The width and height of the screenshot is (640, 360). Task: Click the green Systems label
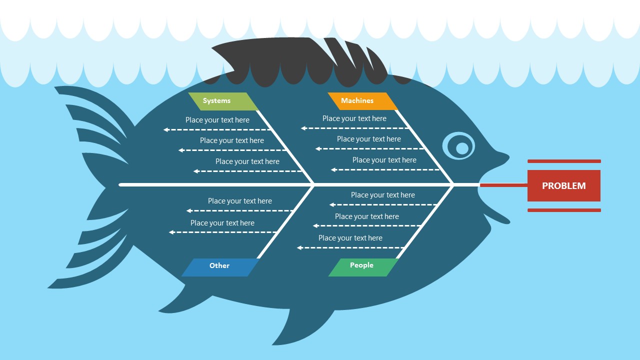coord(223,101)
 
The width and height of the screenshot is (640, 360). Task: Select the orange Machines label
coord(362,101)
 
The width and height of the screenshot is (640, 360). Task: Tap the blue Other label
coord(220,267)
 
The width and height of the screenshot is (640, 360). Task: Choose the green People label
coord(363,267)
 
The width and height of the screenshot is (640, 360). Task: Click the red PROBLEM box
coord(563,185)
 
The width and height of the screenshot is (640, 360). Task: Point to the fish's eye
coord(459,145)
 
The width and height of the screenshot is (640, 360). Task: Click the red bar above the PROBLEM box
coord(564,161)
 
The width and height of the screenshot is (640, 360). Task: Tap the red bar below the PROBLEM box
coord(564,210)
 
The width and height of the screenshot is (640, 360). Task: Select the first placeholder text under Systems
coord(217,120)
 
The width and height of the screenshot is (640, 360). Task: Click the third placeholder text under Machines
coord(384,160)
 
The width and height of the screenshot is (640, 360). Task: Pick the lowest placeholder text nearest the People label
coord(350,238)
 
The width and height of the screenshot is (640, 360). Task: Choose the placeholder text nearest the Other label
coord(222,223)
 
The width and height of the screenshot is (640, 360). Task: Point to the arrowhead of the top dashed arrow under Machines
coord(303,128)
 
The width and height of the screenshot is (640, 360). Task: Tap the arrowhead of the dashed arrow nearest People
coord(299,247)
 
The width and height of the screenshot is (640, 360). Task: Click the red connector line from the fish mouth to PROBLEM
coord(503,185)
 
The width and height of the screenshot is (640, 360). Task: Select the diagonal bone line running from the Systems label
coord(285,147)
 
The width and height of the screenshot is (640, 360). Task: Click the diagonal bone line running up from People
coord(425,221)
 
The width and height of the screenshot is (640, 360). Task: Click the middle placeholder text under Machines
coord(369,139)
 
